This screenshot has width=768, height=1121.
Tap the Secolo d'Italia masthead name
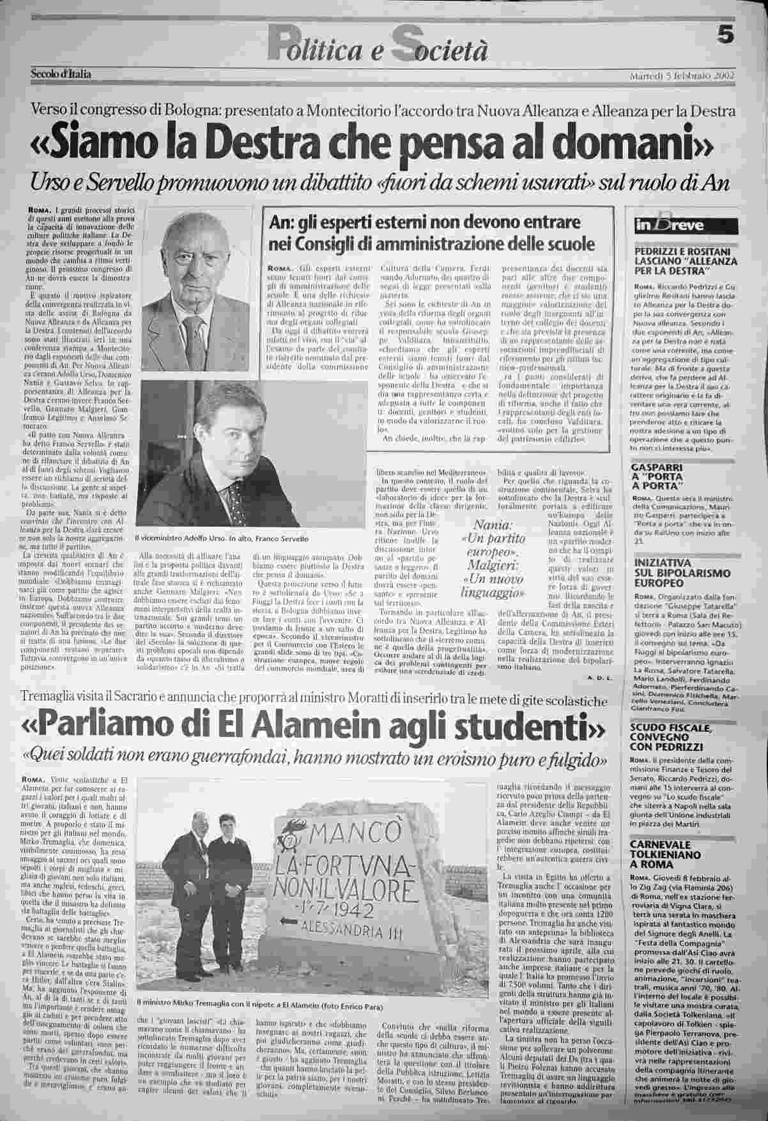tap(61, 74)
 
